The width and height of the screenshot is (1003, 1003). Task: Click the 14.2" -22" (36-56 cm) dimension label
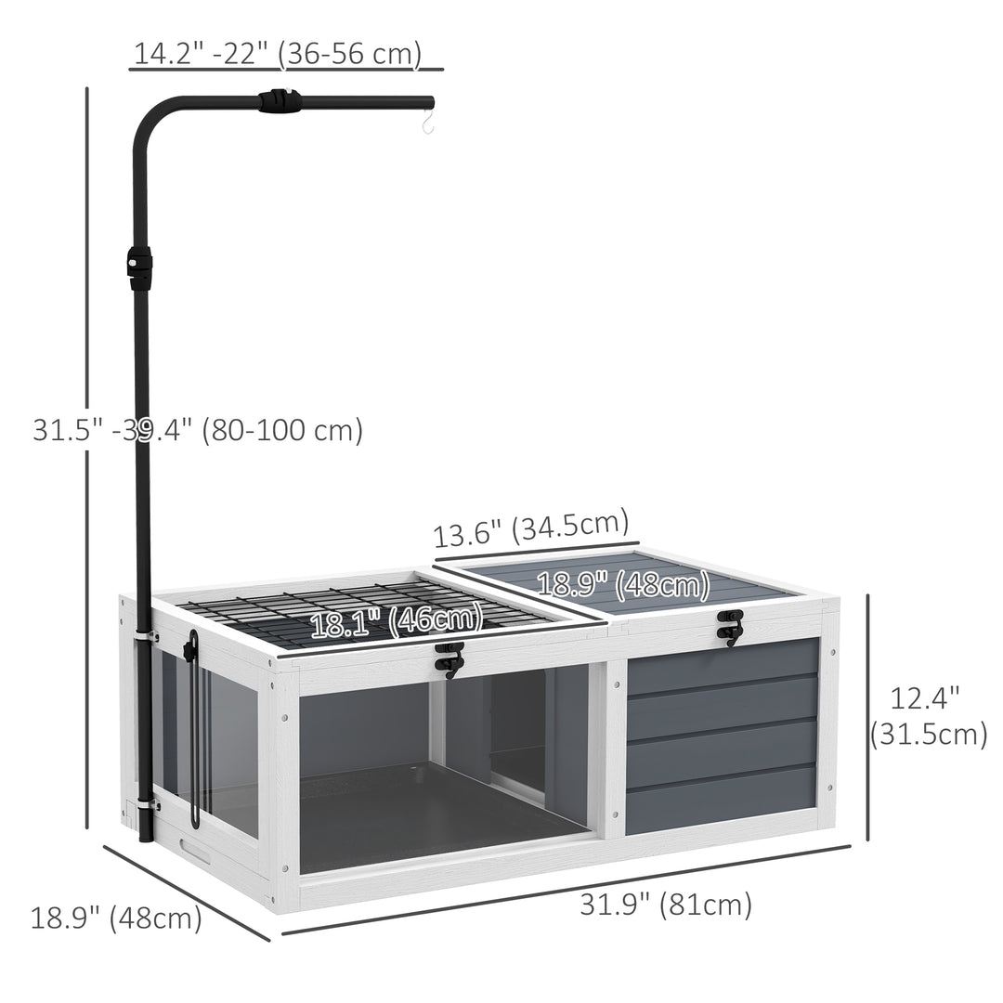pyautogui.click(x=278, y=53)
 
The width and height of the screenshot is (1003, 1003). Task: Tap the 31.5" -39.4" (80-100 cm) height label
pyautogui.click(x=199, y=429)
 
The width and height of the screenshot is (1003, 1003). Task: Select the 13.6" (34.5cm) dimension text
pyautogui.click(x=531, y=528)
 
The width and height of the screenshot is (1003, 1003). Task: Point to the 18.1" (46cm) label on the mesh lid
pyautogui.click(x=397, y=621)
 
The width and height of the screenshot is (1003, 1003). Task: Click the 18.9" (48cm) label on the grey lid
pyautogui.click(x=623, y=584)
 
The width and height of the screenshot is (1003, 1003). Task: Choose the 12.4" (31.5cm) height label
pyautogui.click(x=928, y=716)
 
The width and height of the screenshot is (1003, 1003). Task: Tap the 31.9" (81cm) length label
pyautogui.click(x=666, y=905)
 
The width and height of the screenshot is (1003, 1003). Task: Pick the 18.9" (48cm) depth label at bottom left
pyautogui.click(x=116, y=918)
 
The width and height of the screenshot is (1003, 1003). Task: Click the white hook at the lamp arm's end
pyautogui.click(x=428, y=122)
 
